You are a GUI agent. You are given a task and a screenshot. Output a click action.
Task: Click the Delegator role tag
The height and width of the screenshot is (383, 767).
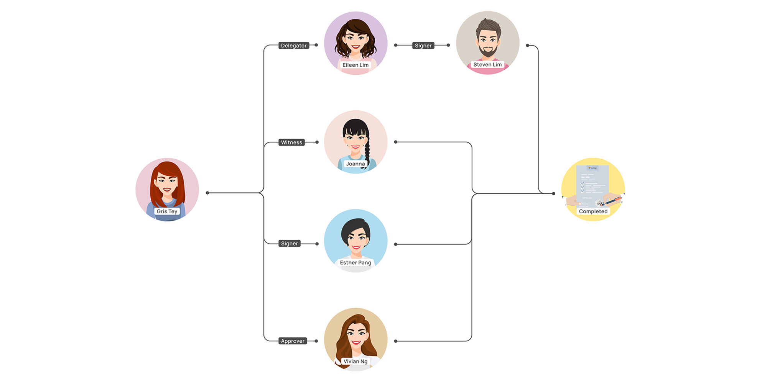pos(294,46)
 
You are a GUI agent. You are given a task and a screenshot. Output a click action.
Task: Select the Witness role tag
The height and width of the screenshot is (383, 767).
pos(291,142)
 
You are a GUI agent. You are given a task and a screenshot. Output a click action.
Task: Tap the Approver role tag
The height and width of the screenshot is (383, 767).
pos(293,341)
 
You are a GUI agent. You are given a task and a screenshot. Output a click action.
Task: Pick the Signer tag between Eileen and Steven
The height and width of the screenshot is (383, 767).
pos(423,46)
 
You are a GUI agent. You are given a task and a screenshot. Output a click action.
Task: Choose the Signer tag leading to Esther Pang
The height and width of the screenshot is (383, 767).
pos(289,244)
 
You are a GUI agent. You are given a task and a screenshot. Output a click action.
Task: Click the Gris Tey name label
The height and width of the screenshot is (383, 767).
pos(167,211)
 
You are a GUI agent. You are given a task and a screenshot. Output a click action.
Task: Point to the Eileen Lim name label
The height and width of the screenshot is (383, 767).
pos(356,65)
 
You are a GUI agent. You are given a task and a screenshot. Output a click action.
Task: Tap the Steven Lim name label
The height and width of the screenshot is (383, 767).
pos(487,65)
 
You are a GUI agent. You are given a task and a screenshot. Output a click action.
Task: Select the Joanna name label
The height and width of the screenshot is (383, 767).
pos(356,164)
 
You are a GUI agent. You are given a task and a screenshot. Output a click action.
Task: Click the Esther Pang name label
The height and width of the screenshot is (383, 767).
pos(356,263)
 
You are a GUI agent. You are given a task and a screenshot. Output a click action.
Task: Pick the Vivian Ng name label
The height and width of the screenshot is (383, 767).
pos(356,362)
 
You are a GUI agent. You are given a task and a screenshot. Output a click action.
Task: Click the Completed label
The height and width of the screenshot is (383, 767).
pos(593,211)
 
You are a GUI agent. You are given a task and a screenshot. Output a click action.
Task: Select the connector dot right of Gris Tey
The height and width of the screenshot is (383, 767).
pos(207,193)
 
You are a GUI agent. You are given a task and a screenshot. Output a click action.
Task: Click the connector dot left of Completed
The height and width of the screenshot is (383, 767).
pos(553,194)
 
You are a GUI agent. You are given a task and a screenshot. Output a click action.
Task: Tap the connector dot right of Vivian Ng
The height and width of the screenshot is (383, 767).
pos(396,341)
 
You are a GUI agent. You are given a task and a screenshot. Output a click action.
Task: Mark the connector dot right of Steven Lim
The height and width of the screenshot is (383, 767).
pos(528,46)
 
